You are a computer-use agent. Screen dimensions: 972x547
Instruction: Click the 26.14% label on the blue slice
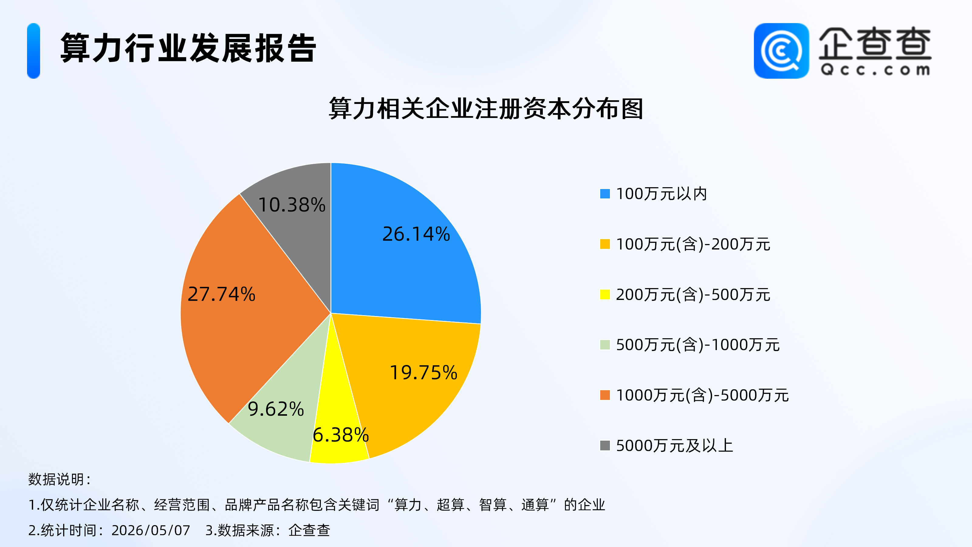(x=416, y=234)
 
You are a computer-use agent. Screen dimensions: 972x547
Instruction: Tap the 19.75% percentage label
(x=423, y=373)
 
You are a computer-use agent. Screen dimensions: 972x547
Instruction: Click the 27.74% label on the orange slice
(x=221, y=294)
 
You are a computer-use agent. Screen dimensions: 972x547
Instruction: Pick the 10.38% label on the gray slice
(x=292, y=205)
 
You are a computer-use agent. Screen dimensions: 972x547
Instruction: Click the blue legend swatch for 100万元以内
(x=605, y=194)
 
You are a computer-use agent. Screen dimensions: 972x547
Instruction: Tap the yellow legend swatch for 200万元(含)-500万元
(x=605, y=294)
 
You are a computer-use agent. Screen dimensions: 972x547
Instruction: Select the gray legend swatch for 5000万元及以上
(x=605, y=446)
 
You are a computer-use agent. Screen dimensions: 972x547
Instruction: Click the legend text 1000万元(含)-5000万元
(x=702, y=395)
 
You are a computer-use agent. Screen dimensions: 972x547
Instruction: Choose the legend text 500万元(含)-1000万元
(x=698, y=345)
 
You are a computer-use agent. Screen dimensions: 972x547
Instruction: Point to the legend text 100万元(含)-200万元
(x=693, y=244)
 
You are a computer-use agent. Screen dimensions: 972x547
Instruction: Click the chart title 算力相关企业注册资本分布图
(x=486, y=109)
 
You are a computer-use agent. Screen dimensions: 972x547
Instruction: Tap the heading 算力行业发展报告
(x=188, y=48)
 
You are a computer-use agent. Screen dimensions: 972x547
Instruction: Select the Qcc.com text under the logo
(x=875, y=70)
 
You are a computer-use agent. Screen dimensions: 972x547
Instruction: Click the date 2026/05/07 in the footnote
(x=151, y=530)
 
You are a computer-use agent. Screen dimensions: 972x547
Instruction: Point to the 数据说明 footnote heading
(x=60, y=480)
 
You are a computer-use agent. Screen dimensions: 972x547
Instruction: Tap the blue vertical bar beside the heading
(x=34, y=51)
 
